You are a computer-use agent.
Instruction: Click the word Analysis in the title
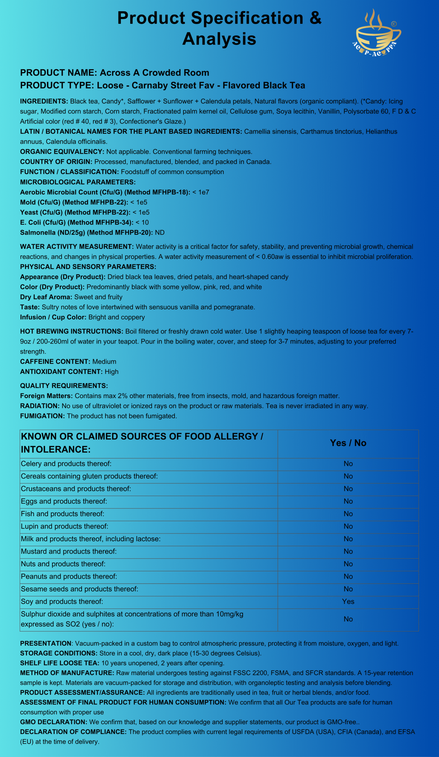[x=219, y=39]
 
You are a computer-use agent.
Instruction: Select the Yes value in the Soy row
[x=348, y=601]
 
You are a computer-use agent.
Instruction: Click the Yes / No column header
[x=348, y=443]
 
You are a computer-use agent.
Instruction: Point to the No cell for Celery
[x=348, y=464]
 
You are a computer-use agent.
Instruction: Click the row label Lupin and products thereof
[x=64, y=526]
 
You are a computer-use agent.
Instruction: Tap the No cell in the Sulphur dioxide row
[x=348, y=619]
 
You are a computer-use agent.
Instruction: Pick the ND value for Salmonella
[x=160, y=232]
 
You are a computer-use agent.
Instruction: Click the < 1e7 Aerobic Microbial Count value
[x=201, y=192]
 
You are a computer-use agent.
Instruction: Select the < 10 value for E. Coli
[x=142, y=223]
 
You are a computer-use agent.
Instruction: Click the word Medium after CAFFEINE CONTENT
[x=104, y=362]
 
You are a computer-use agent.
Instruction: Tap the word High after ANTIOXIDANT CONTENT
[x=112, y=372]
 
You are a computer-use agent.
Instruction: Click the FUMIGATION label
[x=42, y=416]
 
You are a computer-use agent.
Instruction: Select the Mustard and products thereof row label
[x=69, y=551]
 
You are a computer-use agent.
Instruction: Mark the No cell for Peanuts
[x=348, y=576]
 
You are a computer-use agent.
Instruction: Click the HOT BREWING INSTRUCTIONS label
[x=71, y=331]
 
